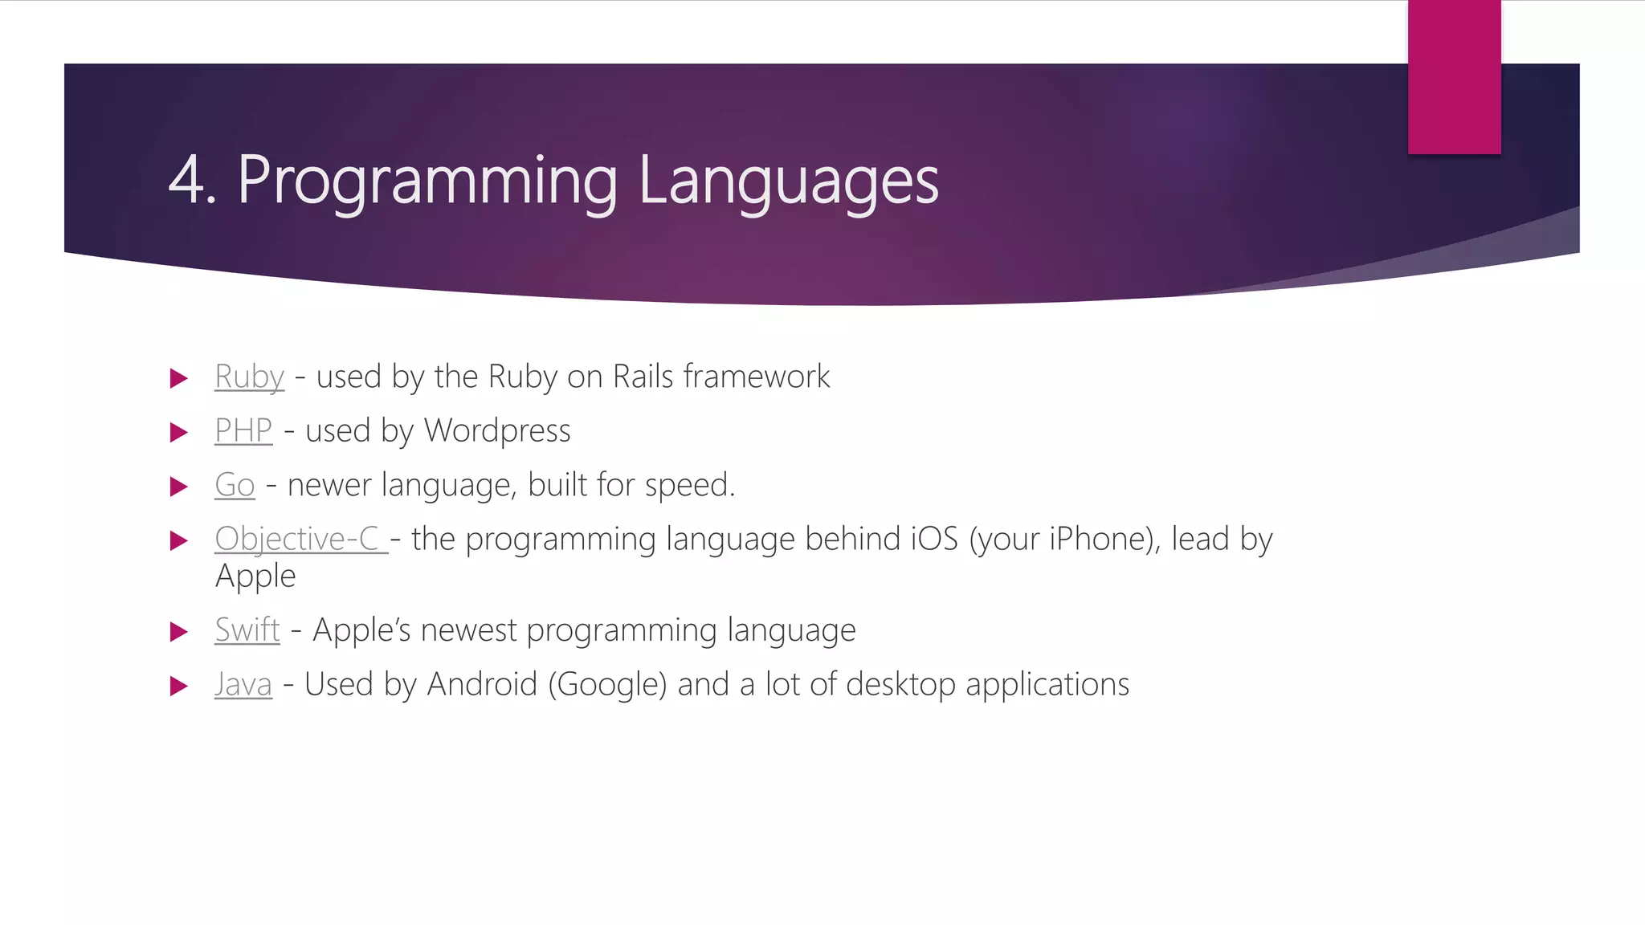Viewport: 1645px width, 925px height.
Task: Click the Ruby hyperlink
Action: [x=249, y=377]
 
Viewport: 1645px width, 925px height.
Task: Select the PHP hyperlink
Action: [x=243, y=430]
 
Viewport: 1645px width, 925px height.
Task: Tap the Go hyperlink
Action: [x=235, y=485]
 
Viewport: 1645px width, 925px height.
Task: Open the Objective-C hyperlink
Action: [x=297, y=539]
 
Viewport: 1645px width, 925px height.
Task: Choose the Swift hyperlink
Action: [x=247, y=630]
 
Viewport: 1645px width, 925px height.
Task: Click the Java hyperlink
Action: [x=243, y=684]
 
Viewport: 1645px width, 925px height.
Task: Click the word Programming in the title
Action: [x=427, y=181]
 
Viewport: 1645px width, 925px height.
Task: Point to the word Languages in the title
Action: [x=788, y=181]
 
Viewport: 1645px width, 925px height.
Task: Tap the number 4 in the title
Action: [x=186, y=181]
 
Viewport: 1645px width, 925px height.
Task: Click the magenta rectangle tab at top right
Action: [x=1454, y=76]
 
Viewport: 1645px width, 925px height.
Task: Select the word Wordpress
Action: [x=497, y=430]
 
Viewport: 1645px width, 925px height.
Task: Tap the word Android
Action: [x=482, y=684]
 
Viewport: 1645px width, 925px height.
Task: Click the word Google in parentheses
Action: [x=608, y=684]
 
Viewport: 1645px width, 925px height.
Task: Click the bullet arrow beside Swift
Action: [x=178, y=631]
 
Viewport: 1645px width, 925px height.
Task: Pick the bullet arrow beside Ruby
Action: [x=178, y=378]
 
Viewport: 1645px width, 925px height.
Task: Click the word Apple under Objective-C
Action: [x=255, y=577]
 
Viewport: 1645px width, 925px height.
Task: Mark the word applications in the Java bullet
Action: [x=1047, y=684]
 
